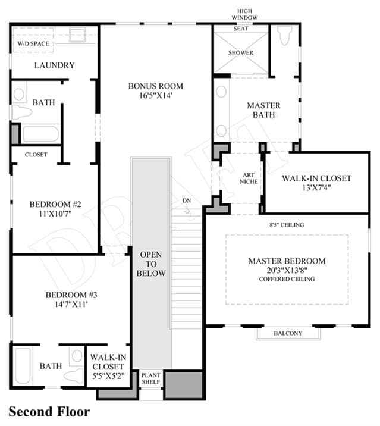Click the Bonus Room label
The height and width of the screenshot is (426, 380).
click(x=156, y=86)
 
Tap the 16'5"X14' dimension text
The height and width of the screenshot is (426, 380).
click(x=156, y=96)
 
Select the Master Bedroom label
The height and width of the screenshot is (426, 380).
click(x=287, y=261)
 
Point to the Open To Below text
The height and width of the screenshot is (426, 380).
click(x=151, y=264)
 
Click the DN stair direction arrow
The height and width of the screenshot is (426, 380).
click(x=187, y=210)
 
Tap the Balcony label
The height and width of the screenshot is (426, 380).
click(x=288, y=333)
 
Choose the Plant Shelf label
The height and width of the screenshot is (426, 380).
click(x=151, y=378)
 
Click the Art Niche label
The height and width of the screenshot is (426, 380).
click(x=249, y=178)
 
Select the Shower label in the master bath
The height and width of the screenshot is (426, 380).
click(x=241, y=53)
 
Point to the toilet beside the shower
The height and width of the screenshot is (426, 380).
click(x=284, y=36)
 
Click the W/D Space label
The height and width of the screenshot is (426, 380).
click(x=33, y=43)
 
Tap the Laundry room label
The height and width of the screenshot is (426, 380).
click(x=54, y=65)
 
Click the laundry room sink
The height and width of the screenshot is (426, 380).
click(x=77, y=35)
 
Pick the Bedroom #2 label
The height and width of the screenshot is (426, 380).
click(x=55, y=204)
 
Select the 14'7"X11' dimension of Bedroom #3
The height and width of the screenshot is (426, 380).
click(x=71, y=304)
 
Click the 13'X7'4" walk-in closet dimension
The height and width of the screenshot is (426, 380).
click(x=317, y=187)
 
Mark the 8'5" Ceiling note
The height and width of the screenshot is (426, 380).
click(x=287, y=225)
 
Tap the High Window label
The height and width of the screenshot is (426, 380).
click(x=245, y=14)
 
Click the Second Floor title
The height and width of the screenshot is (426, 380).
click(x=49, y=412)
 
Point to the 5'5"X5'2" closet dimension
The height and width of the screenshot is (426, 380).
click(x=108, y=376)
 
